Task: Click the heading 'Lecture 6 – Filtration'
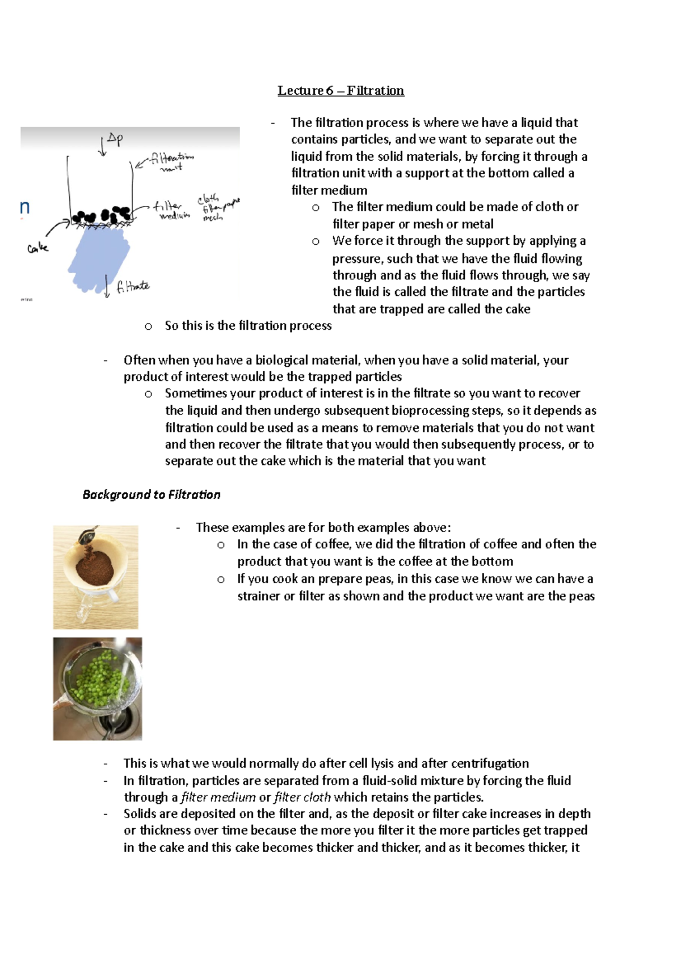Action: (340, 91)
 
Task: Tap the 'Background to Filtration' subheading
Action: (151, 494)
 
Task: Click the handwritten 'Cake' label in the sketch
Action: (37, 248)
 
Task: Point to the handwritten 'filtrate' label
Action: (133, 287)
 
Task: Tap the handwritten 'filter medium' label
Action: (170, 210)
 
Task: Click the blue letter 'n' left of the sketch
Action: (24, 208)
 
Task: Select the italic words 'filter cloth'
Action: (302, 797)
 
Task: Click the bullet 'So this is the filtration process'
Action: (248, 326)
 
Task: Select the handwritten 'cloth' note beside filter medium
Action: (208, 199)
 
